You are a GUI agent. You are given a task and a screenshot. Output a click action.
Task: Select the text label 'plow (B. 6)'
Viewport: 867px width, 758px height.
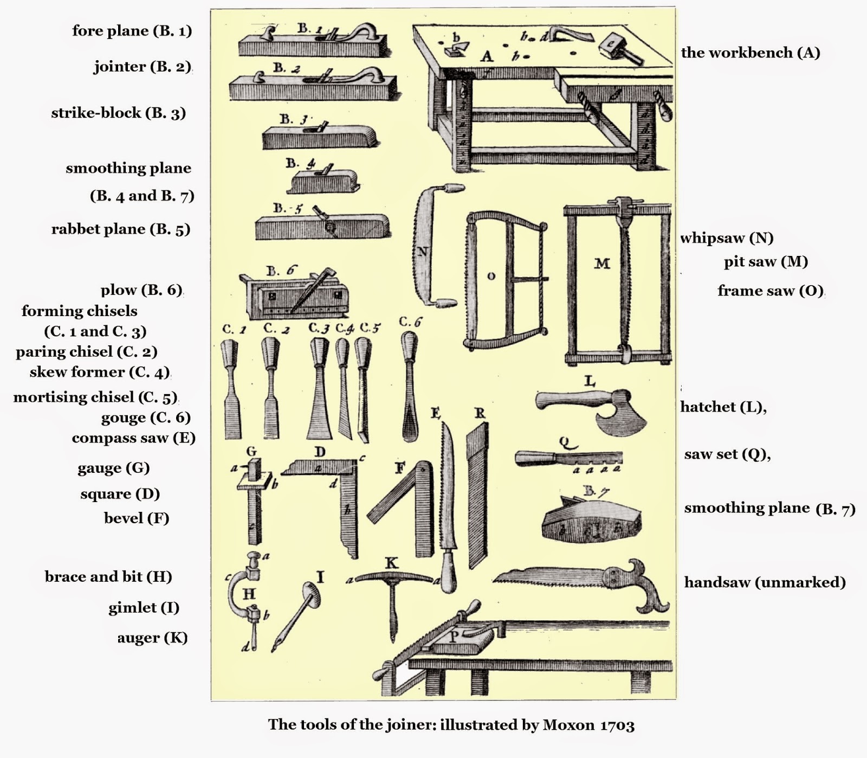[141, 290]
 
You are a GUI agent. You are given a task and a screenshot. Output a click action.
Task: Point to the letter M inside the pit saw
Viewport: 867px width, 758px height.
[602, 264]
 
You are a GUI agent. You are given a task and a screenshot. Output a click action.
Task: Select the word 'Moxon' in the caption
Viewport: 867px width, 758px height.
[567, 725]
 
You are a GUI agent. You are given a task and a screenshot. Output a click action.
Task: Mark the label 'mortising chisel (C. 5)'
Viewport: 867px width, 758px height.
[95, 397]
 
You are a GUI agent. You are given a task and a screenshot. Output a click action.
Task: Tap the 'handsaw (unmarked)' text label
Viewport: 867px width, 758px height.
[764, 582]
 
